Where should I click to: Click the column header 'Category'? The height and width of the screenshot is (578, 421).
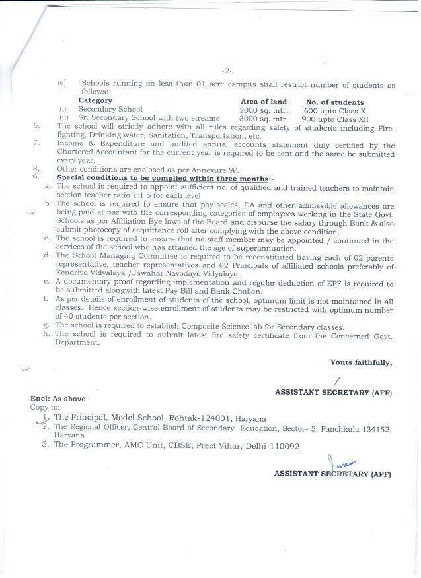(95, 101)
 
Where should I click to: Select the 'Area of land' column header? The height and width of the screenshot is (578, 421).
(263, 102)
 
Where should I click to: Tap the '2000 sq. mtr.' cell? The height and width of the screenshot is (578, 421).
(263, 110)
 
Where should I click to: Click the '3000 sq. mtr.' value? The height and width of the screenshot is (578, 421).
(263, 119)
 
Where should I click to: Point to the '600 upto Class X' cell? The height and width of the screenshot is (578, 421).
(334, 111)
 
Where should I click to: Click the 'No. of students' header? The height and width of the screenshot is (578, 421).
(334, 102)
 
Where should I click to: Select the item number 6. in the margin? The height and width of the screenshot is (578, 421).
(38, 125)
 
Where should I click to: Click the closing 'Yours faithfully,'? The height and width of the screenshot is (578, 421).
(361, 362)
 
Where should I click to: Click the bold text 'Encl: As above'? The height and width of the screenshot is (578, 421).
(58, 399)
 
